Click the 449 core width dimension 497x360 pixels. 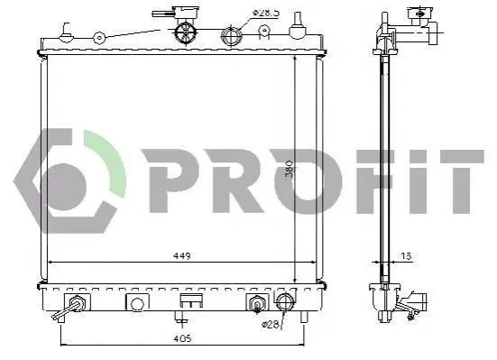(182, 256)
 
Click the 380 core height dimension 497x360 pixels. (289, 169)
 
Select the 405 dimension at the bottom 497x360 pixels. (182, 338)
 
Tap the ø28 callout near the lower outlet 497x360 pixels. (270, 325)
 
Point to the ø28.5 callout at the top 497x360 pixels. (265, 13)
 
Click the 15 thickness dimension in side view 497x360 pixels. (406, 256)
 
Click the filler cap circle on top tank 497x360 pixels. (186, 32)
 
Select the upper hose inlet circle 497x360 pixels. (232, 35)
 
